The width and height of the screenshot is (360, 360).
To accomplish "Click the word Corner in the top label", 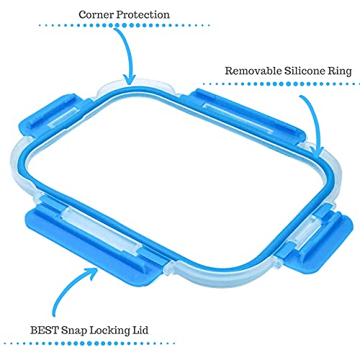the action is tap(96, 14).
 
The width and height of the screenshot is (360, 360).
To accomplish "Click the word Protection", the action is tap(143, 14).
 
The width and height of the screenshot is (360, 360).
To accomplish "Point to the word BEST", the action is tap(45, 330).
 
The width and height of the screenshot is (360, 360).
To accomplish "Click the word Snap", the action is tap(74, 331).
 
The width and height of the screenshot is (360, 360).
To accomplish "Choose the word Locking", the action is tap(109, 331).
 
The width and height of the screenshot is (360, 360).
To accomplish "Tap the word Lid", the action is tap(140, 330).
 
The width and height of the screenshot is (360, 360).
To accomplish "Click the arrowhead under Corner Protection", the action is tap(130, 81).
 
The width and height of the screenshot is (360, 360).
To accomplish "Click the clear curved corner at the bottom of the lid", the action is tap(221, 276).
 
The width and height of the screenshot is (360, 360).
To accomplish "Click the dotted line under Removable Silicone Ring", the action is tap(282, 84).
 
